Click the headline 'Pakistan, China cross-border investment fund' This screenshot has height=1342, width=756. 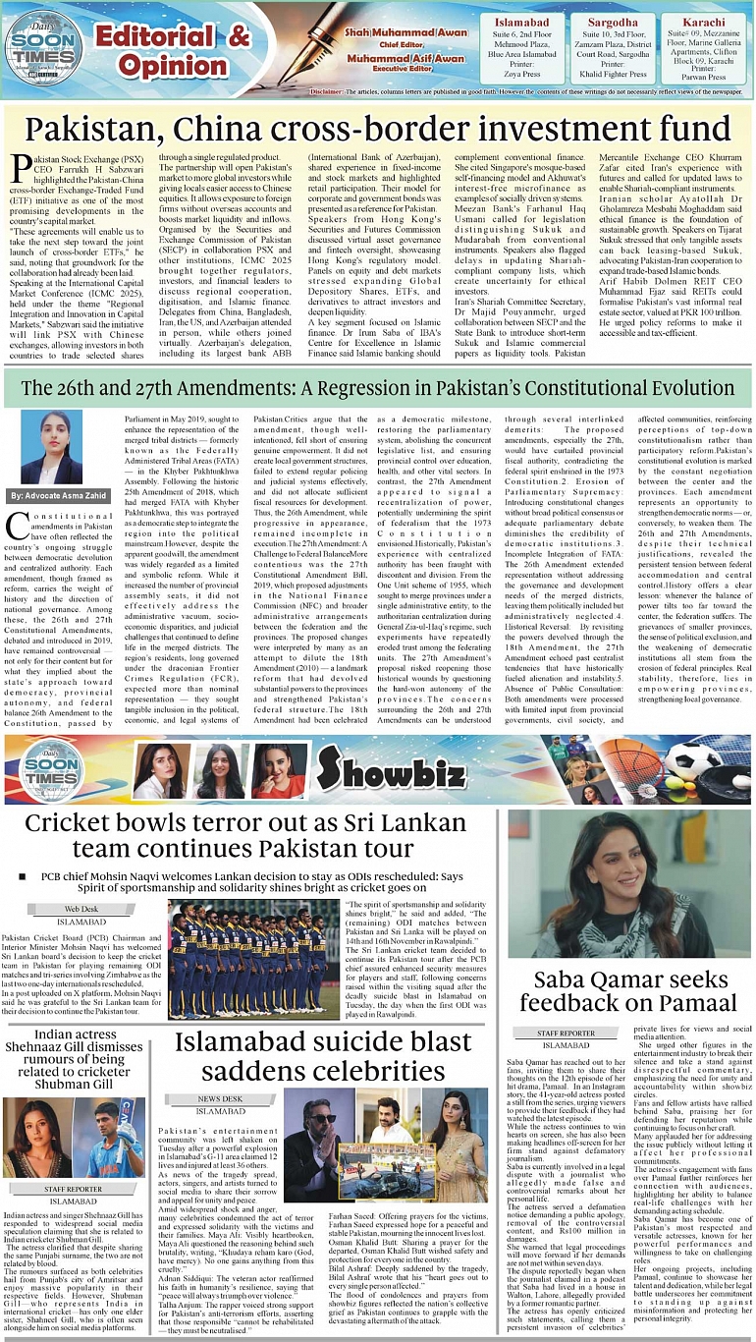[x=377, y=131]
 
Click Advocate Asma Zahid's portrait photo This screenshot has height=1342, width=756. [x=51, y=447]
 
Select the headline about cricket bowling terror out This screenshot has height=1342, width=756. [x=245, y=835]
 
